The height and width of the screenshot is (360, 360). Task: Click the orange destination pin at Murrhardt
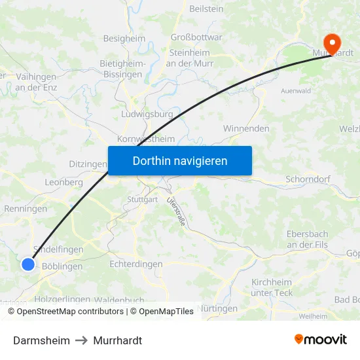pos(332,43)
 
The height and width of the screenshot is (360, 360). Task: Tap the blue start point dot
pos(28,264)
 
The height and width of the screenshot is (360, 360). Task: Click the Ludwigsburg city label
pos(147,114)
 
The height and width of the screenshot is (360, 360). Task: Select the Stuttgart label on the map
pos(142,199)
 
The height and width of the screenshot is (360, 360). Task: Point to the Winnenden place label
pos(246,128)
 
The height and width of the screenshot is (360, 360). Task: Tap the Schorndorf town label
pos(308,179)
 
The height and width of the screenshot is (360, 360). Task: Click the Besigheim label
pos(124,39)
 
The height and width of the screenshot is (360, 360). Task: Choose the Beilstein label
pos(206,9)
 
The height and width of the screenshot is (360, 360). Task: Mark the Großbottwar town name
pos(196,37)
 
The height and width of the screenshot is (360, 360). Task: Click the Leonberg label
pos(63,183)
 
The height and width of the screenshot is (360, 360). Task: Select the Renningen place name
pos(26,209)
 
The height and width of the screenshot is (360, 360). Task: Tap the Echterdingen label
pos(135,264)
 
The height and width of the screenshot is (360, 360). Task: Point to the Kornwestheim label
pos(146,139)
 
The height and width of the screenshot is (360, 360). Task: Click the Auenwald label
pos(295,91)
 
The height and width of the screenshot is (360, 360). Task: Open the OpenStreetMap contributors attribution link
pos(70,312)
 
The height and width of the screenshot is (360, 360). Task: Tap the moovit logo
pos(321,340)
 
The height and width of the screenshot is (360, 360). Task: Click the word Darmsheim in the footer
pos(42,340)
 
